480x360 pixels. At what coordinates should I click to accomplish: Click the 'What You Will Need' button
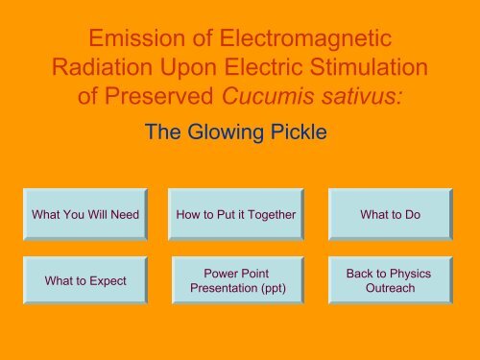coord(85,213)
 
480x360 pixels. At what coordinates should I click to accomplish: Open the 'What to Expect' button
coord(85,280)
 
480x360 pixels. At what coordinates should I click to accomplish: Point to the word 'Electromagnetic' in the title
coord(313,40)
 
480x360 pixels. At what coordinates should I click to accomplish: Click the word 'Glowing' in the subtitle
coord(229,134)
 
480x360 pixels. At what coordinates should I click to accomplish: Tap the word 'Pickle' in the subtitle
coord(299,134)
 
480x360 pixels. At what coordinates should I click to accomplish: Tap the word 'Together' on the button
coord(269,213)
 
